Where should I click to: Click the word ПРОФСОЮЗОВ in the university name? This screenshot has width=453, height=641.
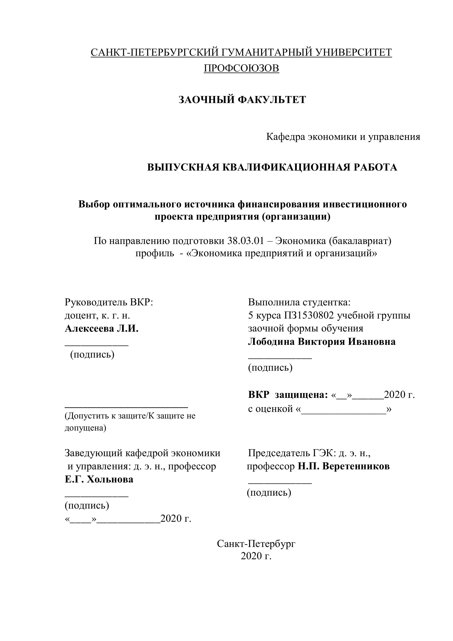pyautogui.click(x=242, y=68)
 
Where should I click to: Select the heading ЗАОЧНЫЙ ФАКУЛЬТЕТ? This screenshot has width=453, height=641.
pyautogui.click(x=242, y=100)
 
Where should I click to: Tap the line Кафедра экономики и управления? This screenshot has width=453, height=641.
pyautogui.click(x=343, y=137)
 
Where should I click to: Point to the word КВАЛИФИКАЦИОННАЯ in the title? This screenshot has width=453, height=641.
pyautogui.click(x=285, y=167)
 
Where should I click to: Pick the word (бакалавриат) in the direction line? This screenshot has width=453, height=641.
pyautogui.click(x=360, y=241)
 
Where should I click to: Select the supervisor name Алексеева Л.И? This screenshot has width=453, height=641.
pyautogui.click(x=102, y=329)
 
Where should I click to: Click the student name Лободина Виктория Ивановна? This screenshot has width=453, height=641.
pyautogui.click(x=322, y=342)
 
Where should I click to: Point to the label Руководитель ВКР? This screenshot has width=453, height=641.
pyautogui.click(x=109, y=302)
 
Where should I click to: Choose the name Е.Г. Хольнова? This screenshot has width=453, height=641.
pyautogui.click(x=99, y=480)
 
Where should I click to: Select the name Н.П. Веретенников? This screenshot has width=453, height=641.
pyautogui.click(x=344, y=466)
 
